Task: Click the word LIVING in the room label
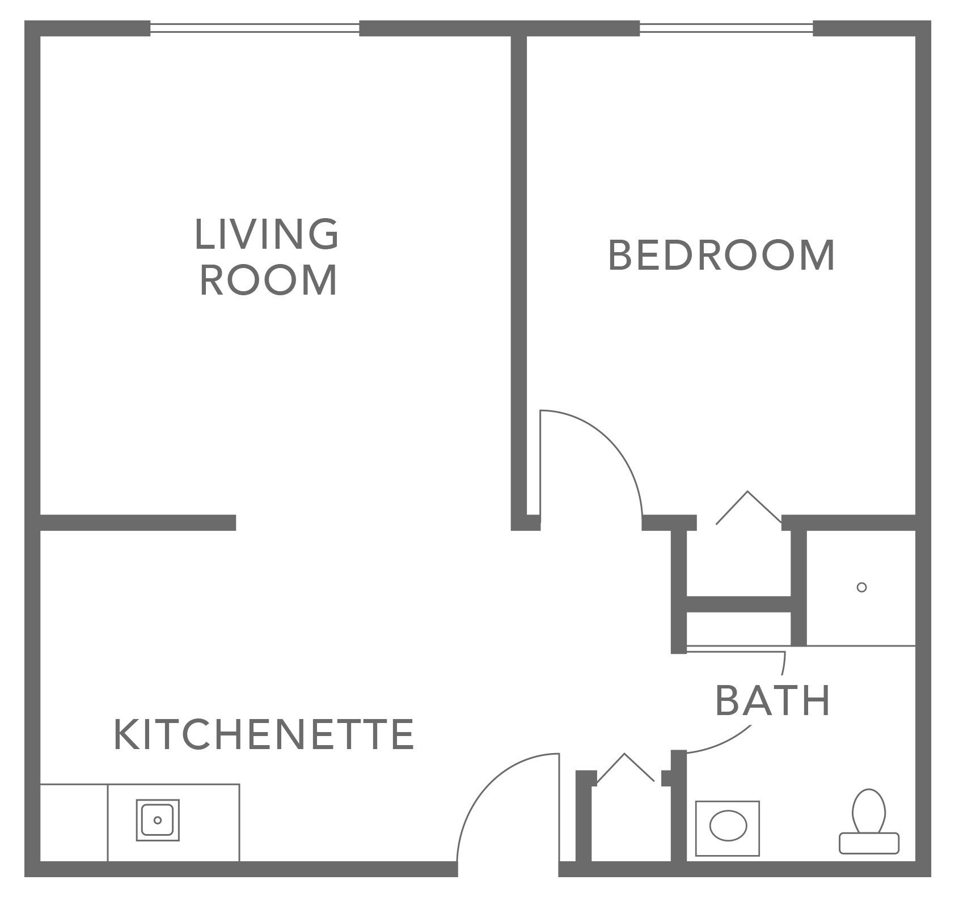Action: [267, 234]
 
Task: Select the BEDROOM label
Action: [721, 256]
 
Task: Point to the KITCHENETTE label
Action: [264, 734]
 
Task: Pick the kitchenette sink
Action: [158, 820]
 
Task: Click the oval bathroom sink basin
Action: [728, 828]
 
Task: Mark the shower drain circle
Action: [861, 588]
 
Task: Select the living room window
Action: [255, 28]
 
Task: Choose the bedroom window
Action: [726, 28]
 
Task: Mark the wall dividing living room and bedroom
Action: [519, 272]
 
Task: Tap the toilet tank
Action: [869, 843]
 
